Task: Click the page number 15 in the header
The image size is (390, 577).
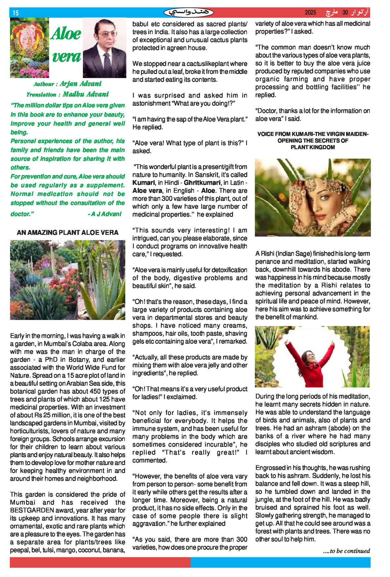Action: pos(16,13)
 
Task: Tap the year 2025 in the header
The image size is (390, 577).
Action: pos(310,13)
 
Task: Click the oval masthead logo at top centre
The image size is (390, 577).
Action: pos(189,13)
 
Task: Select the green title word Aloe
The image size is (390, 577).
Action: pos(66,34)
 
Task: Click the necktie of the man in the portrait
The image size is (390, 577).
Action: pos(107,65)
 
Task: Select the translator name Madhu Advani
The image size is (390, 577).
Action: pos(86,94)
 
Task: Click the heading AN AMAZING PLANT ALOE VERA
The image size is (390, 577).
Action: pos(67,233)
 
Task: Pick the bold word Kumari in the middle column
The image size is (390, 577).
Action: pos(144,183)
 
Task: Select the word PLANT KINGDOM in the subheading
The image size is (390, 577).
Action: pos(313,147)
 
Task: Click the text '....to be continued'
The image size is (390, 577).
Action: pos(346,551)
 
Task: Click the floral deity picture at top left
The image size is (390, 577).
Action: pos(29,48)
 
